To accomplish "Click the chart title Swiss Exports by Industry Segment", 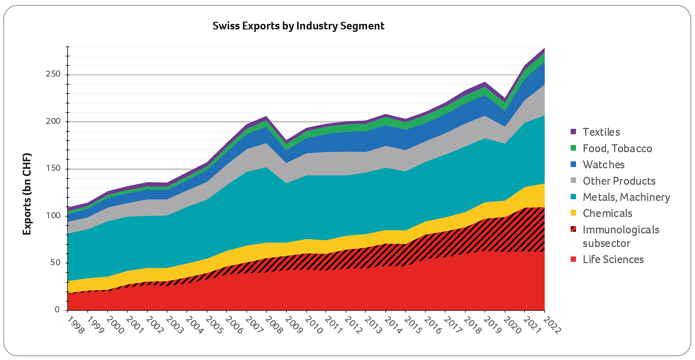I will point(298,26).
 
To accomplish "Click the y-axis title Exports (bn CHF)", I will point(27,194).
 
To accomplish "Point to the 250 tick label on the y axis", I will point(53,74).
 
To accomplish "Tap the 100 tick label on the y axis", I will point(53,215).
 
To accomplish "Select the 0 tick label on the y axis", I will point(57,310).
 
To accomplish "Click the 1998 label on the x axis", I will point(76,325).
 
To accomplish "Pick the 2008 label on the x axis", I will point(274,325).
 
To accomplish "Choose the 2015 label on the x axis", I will point(413,325).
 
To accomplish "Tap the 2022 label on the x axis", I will point(552,325).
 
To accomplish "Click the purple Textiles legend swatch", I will point(573,132).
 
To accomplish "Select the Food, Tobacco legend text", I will point(617,148).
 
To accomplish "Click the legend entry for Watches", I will point(603,165).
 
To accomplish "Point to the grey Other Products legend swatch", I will point(573,181).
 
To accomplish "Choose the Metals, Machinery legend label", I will point(626,197).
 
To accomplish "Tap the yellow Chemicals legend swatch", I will point(573,213).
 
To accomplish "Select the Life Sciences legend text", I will point(613,259).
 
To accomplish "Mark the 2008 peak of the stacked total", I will point(266,116).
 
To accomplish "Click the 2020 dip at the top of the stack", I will point(505,99).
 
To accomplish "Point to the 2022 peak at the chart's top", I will point(544,48).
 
